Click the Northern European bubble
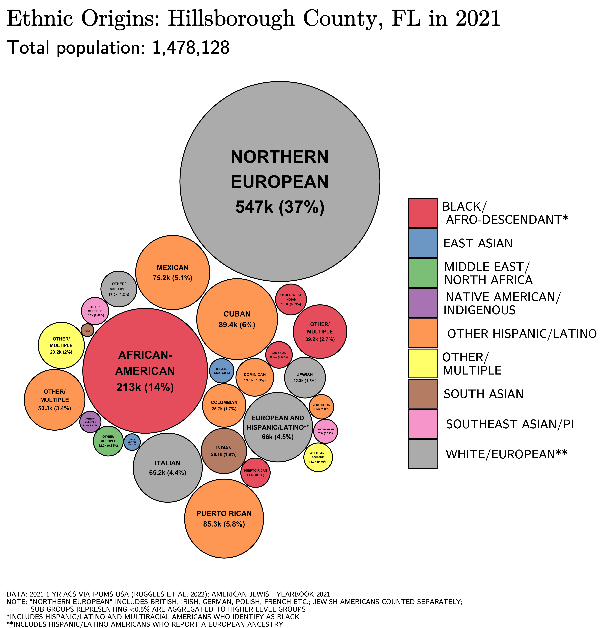[x=280, y=181]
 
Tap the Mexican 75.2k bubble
[x=173, y=272]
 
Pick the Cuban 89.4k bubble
[x=237, y=319]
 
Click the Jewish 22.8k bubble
[x=305, y=377]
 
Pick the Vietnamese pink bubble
[x=325, y=431]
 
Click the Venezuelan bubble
[x=321, y=407]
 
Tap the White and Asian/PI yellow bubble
[x=318, y=457]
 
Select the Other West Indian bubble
[x=291, y=299]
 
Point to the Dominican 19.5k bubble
[x=255, y=377]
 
